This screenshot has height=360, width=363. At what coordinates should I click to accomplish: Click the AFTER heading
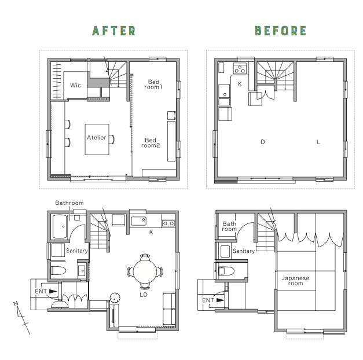tap(113, 31)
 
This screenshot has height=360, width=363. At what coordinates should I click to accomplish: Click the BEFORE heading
tap(281, 31)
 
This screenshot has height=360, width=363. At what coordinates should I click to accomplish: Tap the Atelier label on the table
tap(96, 138)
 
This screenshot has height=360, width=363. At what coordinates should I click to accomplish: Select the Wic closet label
tap(75, 85)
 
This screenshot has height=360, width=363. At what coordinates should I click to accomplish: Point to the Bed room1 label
tap(153, 85)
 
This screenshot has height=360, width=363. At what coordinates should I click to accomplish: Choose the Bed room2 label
tap(151, 143)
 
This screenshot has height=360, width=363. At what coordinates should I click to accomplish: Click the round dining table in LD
tap(145, 271)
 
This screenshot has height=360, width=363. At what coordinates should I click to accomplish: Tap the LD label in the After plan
tap(144, 295)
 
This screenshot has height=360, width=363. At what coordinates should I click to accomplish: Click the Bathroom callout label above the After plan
tap(69, 203)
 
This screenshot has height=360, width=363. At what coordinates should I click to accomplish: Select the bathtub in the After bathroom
tap(60, 227)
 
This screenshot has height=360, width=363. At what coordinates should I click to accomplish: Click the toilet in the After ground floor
tap(58, 270)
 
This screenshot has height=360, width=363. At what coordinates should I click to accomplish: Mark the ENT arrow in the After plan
tap(53, 291)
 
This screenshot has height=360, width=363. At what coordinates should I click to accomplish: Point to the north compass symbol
tap(21, 318)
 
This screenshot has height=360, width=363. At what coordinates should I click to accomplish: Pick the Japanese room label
tap(295, 281)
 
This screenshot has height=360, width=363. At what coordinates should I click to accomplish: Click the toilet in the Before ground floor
tap(226, 271)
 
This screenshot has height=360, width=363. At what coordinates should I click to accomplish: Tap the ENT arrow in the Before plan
tap(220, 300)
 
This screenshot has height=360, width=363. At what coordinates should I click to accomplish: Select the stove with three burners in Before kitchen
tap(240, 69)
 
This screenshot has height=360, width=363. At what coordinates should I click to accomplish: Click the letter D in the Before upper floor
tap(262, 142)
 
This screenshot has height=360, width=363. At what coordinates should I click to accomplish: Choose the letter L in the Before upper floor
tap(318, 142)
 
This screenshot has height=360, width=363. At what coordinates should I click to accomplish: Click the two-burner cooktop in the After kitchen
tap(168, 223)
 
